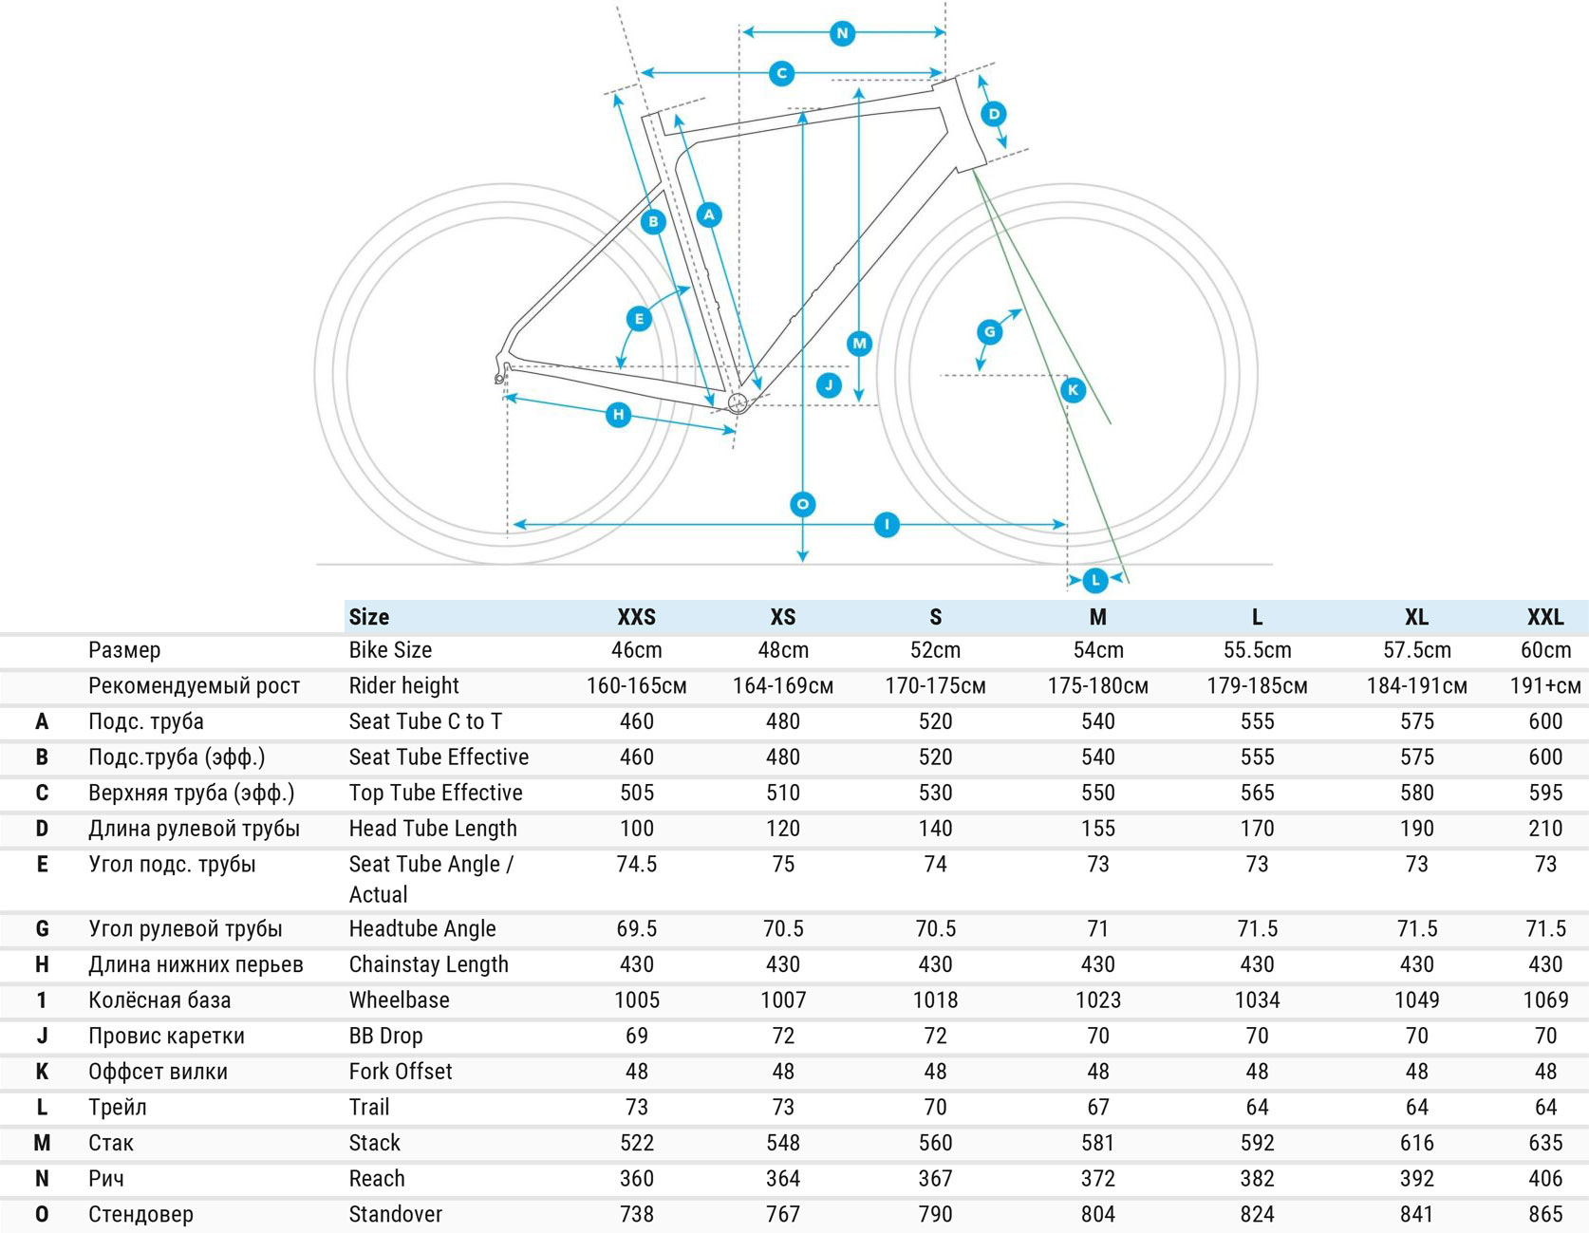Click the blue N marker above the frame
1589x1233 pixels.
[x=842, y=33]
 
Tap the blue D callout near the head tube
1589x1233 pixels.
[x=994, y=114]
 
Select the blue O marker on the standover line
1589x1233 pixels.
[x=803, y=504]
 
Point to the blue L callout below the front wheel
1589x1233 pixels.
[x=1094, y=579]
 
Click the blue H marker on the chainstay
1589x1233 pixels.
[x=619, y=414]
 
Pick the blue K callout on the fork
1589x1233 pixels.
[x=1073, y=389]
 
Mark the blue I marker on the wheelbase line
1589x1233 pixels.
[x=887, y=524]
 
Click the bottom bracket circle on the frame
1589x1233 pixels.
[x=738, y=403]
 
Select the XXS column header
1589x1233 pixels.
[x=636, y=617]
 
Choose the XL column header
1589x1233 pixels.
[x=1416, y=617]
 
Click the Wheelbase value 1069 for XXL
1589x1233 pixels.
[x=1544, y=1000]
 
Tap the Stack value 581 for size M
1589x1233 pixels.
[x=1097, y=1143]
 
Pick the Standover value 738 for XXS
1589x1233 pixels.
[x=636, y=1214]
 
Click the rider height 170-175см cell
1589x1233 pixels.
[x=935, y=686]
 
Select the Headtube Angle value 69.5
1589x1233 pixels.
[x=636, y=929]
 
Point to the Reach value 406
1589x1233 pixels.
[x=1544, y=1179]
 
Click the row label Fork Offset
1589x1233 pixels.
[x=400, y=1072]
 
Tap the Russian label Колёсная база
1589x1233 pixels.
[x=159, y=1000]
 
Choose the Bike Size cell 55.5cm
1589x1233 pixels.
[x=1257, y=650]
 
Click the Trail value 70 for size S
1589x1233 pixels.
[x=935, y=1108]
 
